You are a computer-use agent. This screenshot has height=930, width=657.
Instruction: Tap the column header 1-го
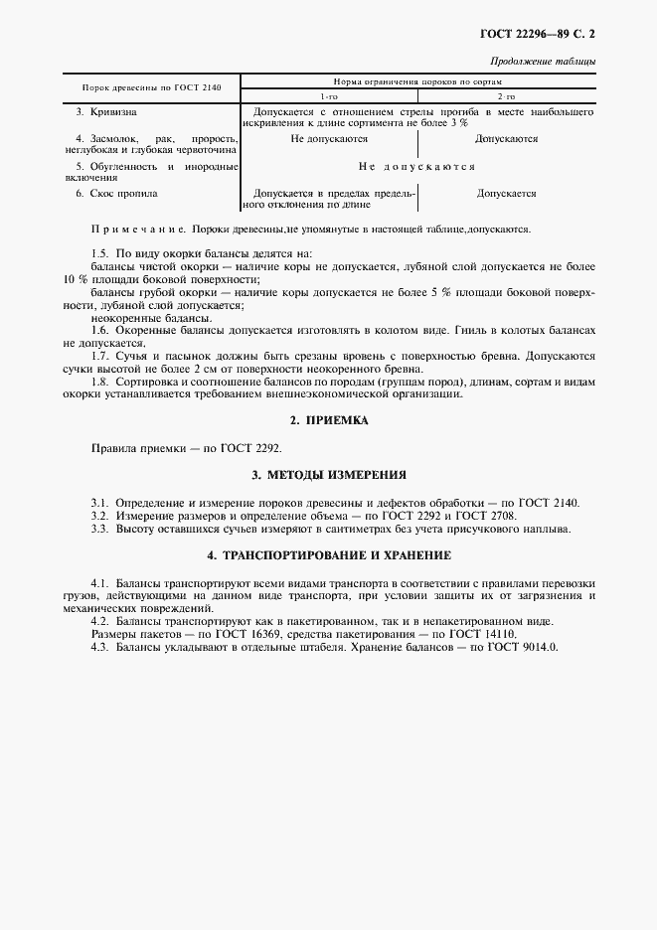pos(329,95)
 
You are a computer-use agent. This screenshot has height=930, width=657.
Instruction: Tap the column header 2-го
pos(506,95)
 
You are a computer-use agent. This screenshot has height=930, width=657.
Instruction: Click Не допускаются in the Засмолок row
pos(329,140)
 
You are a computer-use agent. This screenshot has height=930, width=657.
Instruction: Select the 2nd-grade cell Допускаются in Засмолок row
pos(507,140)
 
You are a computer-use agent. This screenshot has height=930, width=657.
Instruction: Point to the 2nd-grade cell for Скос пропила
pos(507,194)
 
